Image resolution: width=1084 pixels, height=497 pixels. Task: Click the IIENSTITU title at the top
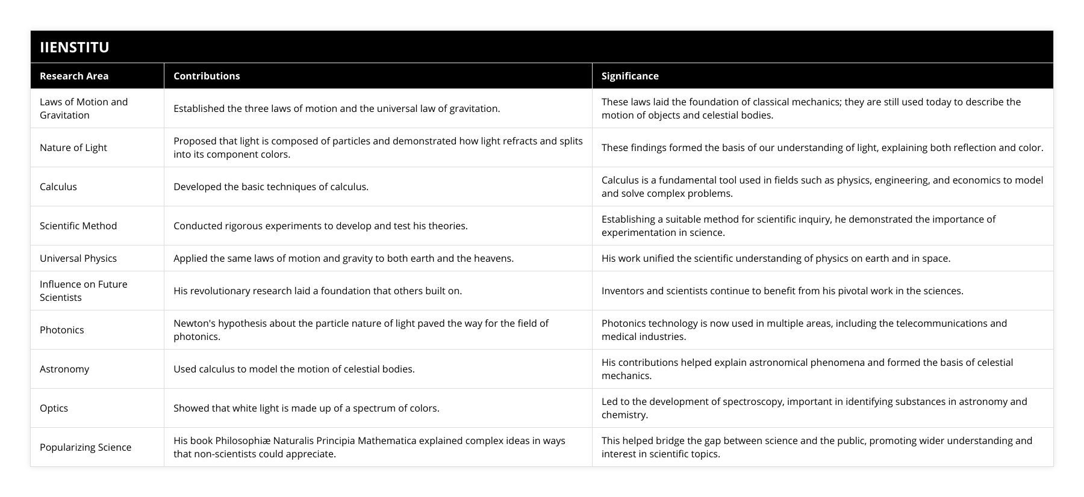pos(74,47)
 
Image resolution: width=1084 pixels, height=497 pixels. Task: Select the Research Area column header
pos(74,76)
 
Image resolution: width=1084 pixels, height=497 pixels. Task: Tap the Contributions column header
pos(207,76)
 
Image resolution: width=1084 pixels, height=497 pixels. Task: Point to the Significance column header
pos(630,76)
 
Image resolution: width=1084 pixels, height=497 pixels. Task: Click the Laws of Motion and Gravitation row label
pos(84,108)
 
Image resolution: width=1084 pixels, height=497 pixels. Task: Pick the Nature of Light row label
pos(73,147)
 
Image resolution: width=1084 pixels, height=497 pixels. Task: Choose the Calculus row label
pos(58,187)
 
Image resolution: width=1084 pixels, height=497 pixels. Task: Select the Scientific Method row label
pos(78,226)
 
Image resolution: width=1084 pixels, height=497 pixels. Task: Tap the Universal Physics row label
pos(78,258)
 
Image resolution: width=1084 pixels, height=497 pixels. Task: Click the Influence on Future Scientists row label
pos(84,291)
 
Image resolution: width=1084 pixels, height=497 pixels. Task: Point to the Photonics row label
pos(62,330)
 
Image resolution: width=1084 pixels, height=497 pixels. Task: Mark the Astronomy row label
pos(64,369)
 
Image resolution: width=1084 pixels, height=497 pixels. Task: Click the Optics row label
pos(54,408)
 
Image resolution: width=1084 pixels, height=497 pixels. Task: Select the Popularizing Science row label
pos(86,447)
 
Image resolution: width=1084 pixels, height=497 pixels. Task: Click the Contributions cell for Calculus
pos(271,187)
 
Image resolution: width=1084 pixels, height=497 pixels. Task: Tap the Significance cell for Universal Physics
pos(776,258)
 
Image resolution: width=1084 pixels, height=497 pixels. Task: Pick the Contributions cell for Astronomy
pos(294,369)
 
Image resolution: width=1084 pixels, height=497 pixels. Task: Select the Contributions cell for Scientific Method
pos(320,226)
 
